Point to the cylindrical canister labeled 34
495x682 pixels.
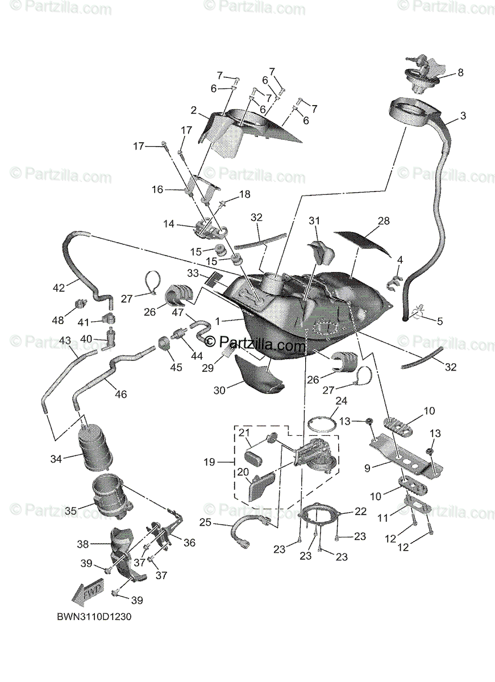click(95, 451)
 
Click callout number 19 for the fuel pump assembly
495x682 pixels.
click(210, 462)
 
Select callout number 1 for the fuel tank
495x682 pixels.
click(217, 321)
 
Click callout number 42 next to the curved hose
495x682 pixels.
click(59, 288)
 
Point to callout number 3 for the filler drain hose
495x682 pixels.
click(463, 116)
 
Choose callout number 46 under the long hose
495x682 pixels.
click(121, 394)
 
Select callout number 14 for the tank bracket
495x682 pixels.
click(168, 224)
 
